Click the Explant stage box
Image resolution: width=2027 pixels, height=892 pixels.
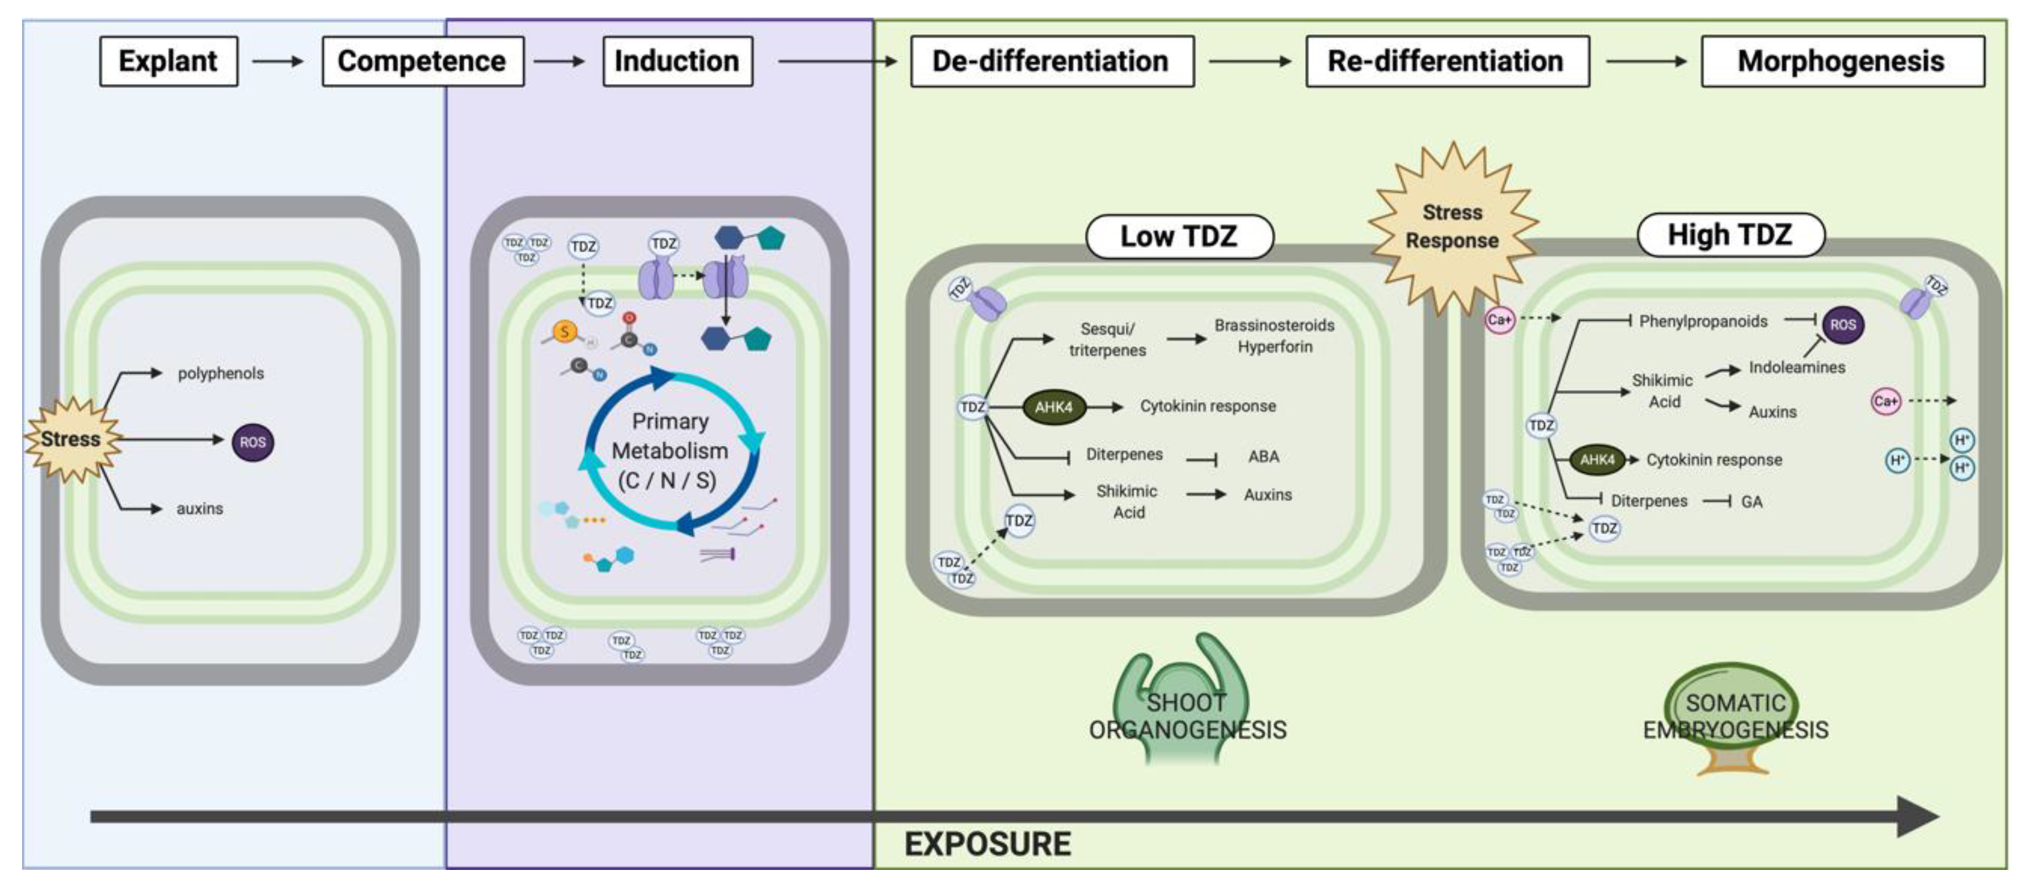coord(168,61)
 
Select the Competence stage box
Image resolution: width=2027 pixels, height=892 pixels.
coord(423,61)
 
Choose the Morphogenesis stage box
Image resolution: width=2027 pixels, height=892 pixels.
coord(1841,61)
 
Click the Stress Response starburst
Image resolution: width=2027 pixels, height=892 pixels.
coord(1452,226)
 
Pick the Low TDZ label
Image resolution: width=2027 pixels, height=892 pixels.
coord(1179,236)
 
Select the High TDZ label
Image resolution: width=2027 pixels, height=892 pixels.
coord(1730,234)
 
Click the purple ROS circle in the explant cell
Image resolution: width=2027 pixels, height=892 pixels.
coord(252,442)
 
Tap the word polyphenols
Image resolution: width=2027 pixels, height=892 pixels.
coord(220,373)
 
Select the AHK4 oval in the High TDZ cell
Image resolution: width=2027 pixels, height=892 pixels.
coord(1597,460)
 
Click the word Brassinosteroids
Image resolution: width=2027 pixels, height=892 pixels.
coord(1274,325)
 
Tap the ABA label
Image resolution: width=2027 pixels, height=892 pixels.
coord(1263,456)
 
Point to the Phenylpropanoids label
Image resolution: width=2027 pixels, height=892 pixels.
coord(1703,321)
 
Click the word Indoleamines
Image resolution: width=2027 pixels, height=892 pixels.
coord(1797,367)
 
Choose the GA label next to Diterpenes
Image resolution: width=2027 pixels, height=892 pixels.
coord(1751,502)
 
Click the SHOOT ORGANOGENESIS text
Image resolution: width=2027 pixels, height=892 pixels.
coord(1187,716)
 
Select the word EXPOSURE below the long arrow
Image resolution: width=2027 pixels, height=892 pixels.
coord(988,844)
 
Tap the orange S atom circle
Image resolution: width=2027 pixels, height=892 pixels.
coord(564,332)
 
